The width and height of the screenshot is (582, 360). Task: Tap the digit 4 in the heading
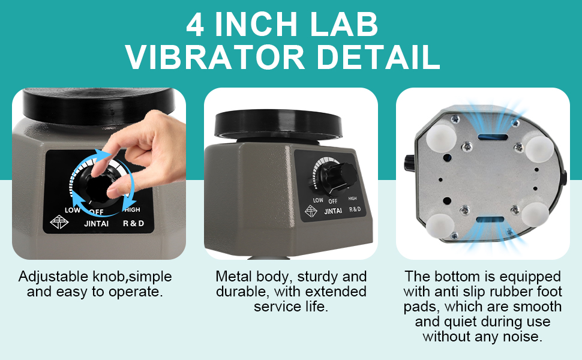coord(195,25)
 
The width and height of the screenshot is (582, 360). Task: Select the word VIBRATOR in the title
coord(215,57)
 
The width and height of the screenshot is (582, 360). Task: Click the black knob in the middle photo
coord(337,177)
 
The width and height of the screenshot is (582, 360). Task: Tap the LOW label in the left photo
coord(73,210)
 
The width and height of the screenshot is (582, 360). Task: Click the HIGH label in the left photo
coord(132,209)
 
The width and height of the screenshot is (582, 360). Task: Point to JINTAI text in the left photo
coord(97,223)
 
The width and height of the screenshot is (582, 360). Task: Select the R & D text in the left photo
coord(133,223)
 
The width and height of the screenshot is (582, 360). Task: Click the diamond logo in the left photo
coord(59,223)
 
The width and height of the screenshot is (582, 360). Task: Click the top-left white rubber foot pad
coord(441,137)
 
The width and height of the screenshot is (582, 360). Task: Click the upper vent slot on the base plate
coord(493,137)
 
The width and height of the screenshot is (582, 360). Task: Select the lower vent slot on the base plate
coord(490,220)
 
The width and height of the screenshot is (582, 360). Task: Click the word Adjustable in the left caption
coord(53,277)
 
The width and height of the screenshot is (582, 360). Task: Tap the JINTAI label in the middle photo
coord(333,211)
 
